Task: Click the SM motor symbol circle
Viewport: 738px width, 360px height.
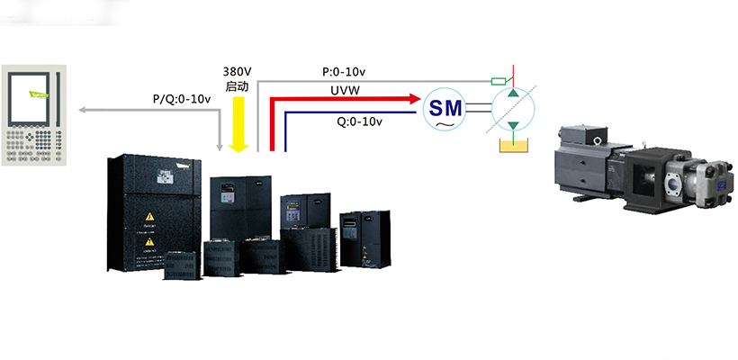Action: point(445,109)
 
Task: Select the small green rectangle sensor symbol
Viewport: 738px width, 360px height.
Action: point(498,81)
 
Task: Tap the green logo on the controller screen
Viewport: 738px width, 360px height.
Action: point(36,92)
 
